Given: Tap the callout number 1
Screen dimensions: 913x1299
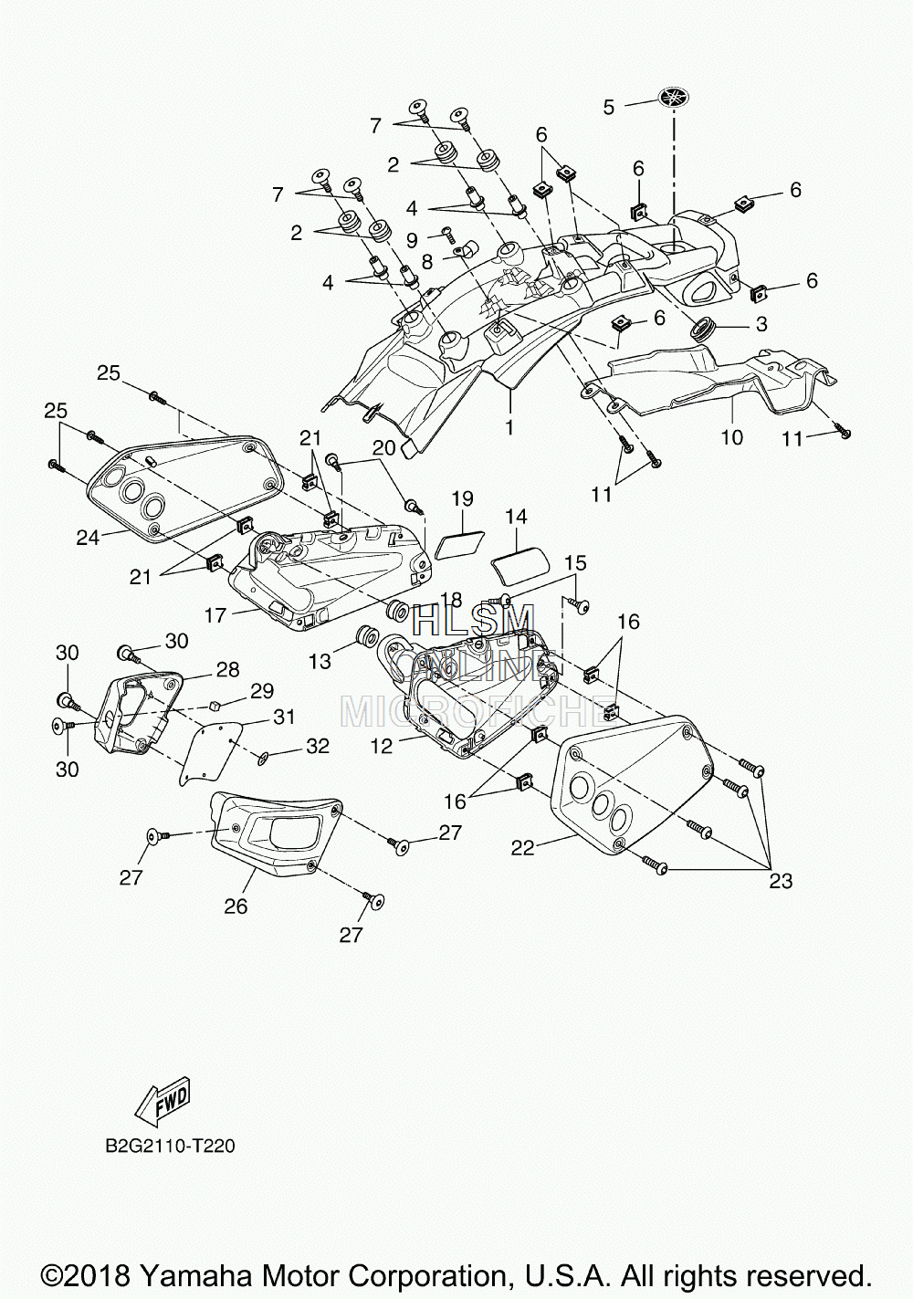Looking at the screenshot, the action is point(509,428).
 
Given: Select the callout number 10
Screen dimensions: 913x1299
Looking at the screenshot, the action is point(732,437).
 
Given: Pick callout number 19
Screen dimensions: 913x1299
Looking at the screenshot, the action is point(462,498).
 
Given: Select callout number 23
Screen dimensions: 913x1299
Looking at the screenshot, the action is point(781,881).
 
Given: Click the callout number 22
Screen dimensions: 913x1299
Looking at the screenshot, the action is point(522,848).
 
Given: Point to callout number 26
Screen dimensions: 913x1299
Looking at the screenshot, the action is point(236,906).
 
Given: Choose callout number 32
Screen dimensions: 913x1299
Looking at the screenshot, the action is point(318,745).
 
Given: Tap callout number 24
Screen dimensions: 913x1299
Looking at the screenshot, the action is point(89,539).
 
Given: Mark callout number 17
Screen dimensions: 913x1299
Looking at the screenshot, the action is point(215,614).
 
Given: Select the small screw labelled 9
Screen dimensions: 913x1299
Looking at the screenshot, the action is point(446,231).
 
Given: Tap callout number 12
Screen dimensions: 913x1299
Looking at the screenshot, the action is point(383,746).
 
